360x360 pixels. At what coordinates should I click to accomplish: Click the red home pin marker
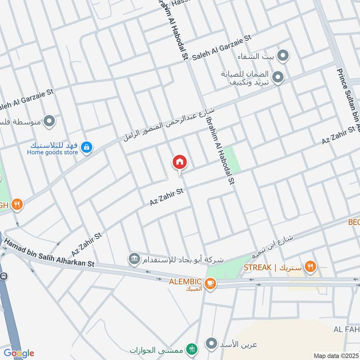180,162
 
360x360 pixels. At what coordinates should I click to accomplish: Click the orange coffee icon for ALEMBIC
210,283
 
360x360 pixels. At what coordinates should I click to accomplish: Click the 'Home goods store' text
52,153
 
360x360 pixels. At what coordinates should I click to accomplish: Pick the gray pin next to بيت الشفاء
283,56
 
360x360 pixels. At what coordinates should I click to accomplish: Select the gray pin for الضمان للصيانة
278,78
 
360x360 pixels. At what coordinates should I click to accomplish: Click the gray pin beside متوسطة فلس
49,121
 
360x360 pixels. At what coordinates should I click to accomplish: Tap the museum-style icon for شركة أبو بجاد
134,259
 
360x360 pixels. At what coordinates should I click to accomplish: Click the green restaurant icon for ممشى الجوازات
192,348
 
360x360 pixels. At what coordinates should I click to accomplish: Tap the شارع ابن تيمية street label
272,246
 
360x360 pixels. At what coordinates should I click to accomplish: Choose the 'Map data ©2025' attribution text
336,355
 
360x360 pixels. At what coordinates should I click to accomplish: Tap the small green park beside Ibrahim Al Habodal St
232,160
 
